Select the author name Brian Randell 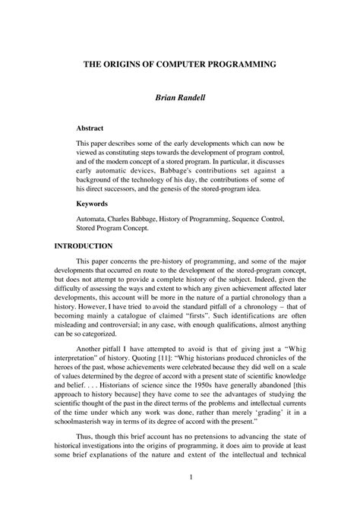pos(180,98)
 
